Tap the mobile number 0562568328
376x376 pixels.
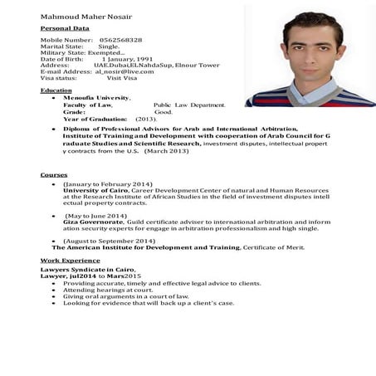[x=121, y=40]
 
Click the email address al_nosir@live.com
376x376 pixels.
[x=125, y=71]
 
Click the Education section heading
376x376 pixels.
[x=56, y=90]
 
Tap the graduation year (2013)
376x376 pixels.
[x=146, y=119]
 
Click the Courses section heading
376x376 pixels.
[x=54, y=175]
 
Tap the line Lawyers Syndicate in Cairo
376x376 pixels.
[x=88, y=270]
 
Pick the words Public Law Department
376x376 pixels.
[x=189, y=105]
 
